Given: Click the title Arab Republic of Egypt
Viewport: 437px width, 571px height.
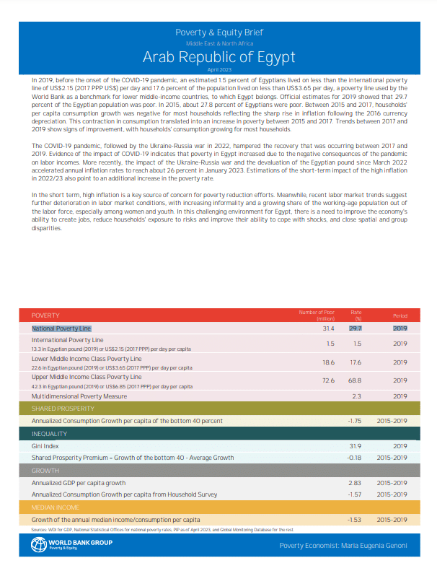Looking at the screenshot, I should pyautogui.click(x=218, y=57).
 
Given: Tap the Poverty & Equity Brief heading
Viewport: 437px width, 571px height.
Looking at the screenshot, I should pyautogui.click(x=218, y=32).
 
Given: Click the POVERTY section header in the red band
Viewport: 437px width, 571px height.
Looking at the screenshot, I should pyautogui.click(x=45, y=315).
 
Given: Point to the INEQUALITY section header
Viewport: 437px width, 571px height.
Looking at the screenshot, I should pyautogui.click(x=49, y=434).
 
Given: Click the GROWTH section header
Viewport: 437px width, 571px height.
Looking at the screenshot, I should pyautogui.click(x=45, y=471).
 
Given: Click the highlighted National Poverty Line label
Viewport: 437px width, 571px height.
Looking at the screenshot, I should pyautogui.click(x=61, y=328).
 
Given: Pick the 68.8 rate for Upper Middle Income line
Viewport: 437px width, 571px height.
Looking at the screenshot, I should pyautogui.click(x=355, y=380).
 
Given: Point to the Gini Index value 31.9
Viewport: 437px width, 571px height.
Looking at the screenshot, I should pyautogui.click(x=355, y=446).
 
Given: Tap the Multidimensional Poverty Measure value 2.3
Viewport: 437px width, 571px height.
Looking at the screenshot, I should pyautogui.click(x=356, y=396).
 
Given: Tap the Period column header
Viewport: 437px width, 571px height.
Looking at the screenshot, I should pyautogui.click(x=400, y=315).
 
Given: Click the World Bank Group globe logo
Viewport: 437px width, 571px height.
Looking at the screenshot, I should pyautogui.click(x=38, y=546).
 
